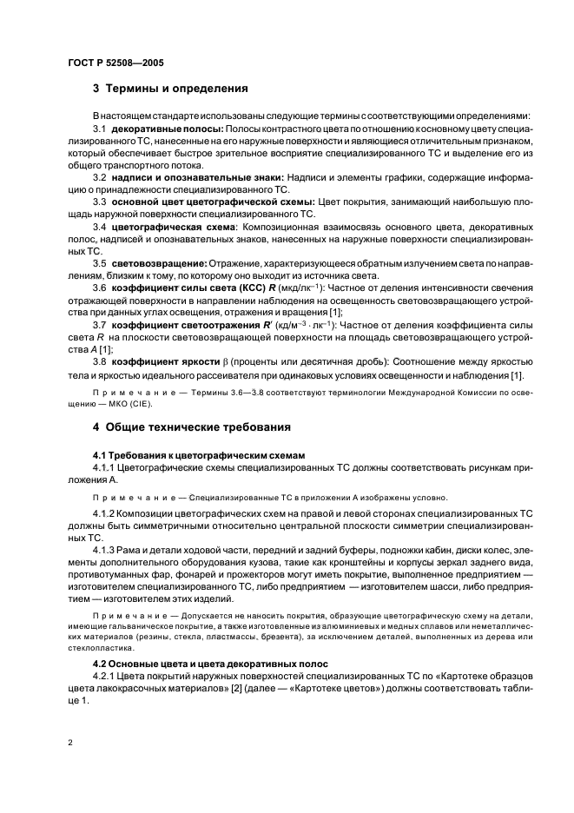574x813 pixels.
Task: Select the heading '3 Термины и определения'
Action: pyautogui.click(x=171, y=89)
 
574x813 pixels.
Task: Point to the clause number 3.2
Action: pyautogui.click(x=100, y=177)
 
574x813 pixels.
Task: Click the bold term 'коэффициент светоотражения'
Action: pyautogui.click(x=180, y=324)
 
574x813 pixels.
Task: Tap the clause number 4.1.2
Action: pyautogui.click(x=106, y=513)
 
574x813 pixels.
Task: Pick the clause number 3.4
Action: pyautogui.click(x=100, y=226)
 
